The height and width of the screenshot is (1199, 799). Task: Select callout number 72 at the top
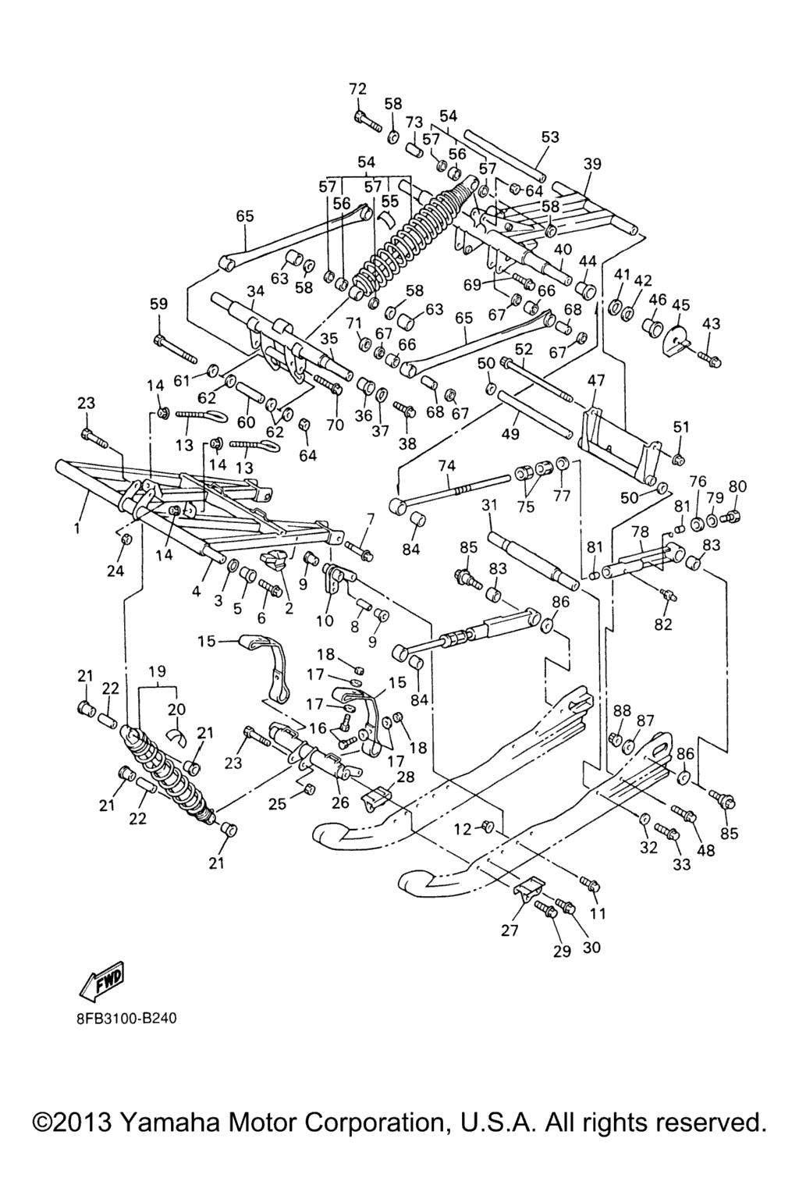pyautogui.click(x=357, y=89)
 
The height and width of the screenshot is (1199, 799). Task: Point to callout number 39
pyautogui.click(x=592, y=164)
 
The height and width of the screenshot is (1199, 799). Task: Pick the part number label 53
pyautogui.click(x=550, y=137)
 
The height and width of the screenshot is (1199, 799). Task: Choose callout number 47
pyautogui.click(x=596, y=381)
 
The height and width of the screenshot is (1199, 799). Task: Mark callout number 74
pyautogui.click(x=446, y=465)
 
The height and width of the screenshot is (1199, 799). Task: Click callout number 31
pyautogui.click(x=489, y=506)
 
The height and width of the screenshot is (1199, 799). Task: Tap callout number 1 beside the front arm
pyautogui.click(x=77, y=528)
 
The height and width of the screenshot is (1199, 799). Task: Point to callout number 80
pyautogui.click(x=737, y=487)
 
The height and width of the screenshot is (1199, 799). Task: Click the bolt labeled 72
pyautogui.click(x=367, y=121)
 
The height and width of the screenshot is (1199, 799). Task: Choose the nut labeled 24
pyautogui.click(x=129, y=539)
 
